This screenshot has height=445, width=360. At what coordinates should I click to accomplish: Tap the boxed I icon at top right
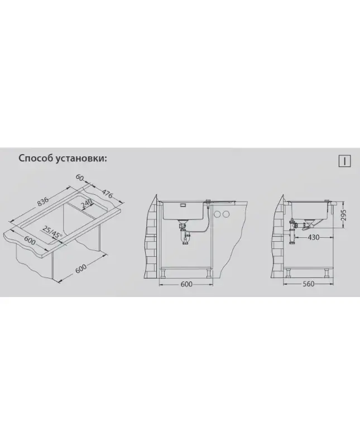point(345,161)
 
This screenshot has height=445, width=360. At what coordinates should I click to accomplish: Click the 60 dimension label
point(80,178)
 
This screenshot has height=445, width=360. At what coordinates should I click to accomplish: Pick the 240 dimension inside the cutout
point(87,203)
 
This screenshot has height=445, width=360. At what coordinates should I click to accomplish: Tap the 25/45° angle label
point(52,233)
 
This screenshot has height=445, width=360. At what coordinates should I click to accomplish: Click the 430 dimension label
point(313,237)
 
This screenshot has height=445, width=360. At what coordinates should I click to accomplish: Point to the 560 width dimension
point(308,284)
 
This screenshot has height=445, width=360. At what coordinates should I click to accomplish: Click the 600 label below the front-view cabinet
point(186,284)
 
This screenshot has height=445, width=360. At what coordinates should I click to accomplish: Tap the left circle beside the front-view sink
point(218,213)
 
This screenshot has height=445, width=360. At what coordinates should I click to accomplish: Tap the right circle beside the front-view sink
point(225,213)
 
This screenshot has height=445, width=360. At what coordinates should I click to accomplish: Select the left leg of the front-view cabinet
point(164,274)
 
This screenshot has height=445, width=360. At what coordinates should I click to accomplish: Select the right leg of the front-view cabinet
point(209,274)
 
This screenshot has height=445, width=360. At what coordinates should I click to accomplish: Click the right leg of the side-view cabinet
point(327,273)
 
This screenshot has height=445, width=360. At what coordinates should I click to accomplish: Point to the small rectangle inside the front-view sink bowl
point(182,205)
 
